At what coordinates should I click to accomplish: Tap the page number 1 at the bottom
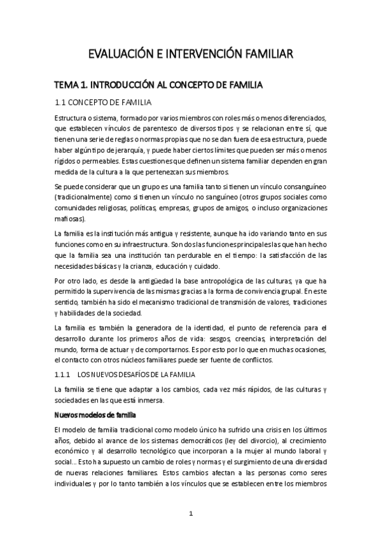point(190,513)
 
